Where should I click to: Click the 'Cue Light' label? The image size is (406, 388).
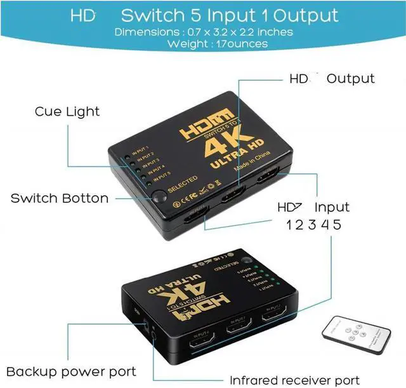point(67,112)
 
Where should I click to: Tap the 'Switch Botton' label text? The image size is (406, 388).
point(60,198)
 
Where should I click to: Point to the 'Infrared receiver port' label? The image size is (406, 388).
point(294,380)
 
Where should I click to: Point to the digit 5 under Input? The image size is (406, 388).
point(336,224)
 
